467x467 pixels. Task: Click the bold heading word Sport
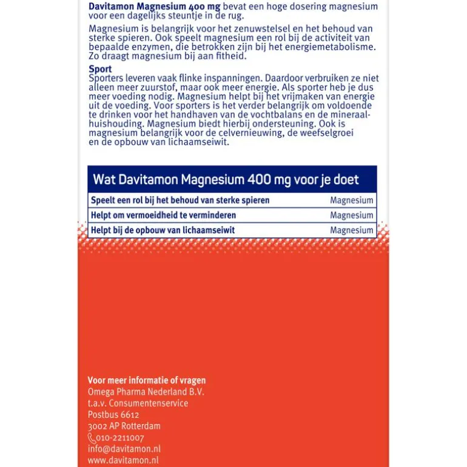tap(100, 69)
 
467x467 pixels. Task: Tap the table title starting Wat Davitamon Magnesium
tap(226, 180)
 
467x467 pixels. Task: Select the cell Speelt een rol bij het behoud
tap(180, 200)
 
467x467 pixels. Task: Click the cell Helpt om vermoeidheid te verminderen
tap(163, 215)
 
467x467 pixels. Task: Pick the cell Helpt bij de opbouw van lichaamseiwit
tap(163, 230)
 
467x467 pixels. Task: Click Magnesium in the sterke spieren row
tap(352, 200)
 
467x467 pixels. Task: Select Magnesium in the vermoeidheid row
tap(352, 215)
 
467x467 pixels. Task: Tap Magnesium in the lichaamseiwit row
tap(352, 230)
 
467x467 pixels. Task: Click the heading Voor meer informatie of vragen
tap(147, 380)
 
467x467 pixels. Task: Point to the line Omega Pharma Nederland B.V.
tap(146, 392)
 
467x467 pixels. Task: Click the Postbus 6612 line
tap(113, 415)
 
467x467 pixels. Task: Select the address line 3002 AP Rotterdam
tap(124, 426)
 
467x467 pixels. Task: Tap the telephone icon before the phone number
tap(92, 438)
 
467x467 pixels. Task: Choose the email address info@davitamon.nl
tap(124, 449)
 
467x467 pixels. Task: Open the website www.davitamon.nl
tap(123, 460)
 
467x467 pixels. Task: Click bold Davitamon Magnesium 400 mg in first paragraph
tap(155, 6)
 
